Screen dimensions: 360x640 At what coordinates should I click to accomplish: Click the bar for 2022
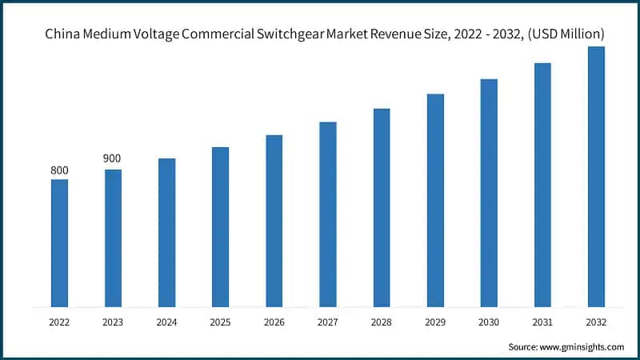point(59,242)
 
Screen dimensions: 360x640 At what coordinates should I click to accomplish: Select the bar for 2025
point(220,226)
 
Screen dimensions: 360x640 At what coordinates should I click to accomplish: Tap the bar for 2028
point(382,207)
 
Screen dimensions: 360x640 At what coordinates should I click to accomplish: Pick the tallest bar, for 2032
point(596,176)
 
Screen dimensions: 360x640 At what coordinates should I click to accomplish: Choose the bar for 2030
point(489,192)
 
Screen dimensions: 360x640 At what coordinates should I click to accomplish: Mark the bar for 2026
point(274,220)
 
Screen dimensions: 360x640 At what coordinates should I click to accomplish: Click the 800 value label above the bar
point(59,170)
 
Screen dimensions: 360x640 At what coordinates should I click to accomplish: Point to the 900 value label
point(113,159)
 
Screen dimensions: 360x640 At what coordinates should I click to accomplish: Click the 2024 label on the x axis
point(166,322)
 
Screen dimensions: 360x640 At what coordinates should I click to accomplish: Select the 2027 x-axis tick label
point(327,322)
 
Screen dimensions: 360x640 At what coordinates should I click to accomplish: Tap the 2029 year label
point(435,322)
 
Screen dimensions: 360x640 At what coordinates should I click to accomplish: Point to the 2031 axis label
point(542,322)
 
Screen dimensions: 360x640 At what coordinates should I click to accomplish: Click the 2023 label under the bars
point(113,322)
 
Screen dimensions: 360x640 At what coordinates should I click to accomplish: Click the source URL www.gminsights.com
point(582,346)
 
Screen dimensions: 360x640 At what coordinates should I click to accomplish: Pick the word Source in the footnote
point(523,346)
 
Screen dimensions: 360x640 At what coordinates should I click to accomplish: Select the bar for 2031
point(542,184)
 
